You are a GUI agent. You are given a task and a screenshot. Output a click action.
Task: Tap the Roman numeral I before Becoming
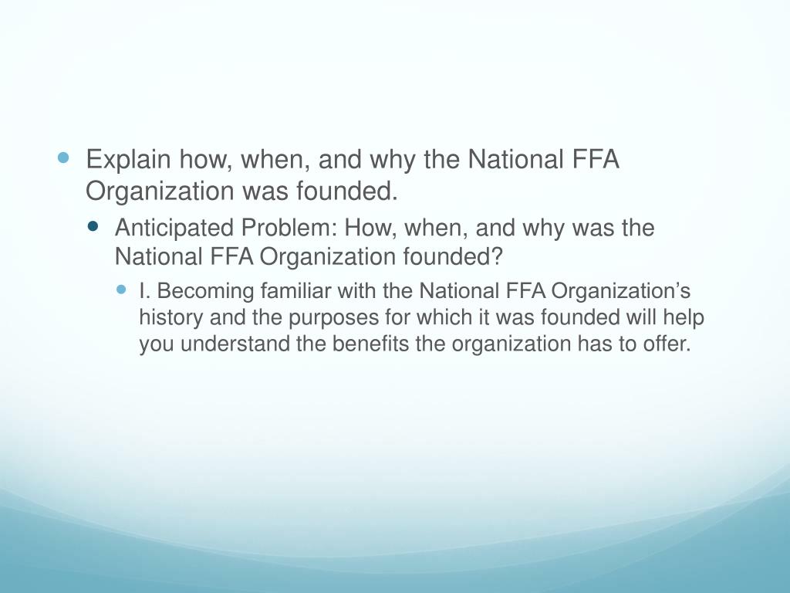pos(143,292)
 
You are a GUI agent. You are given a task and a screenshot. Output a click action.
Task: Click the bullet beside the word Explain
pos(64,158)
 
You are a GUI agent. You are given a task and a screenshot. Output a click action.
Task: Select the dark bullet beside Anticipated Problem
pos(94,227)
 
